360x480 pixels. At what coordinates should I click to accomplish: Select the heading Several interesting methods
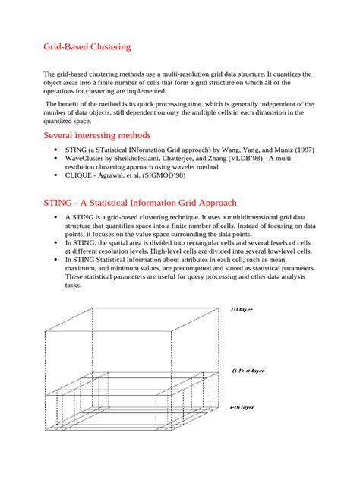pos(103,135)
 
